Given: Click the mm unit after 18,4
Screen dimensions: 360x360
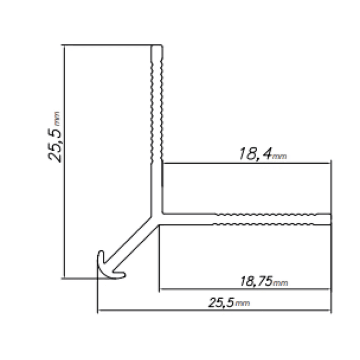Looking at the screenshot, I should [280, 156].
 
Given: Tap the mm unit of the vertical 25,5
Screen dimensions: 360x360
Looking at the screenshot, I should [57, 119].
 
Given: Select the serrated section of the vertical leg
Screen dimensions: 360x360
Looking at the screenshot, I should [157, 101].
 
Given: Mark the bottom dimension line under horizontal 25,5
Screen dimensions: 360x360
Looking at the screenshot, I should [214, 310].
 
